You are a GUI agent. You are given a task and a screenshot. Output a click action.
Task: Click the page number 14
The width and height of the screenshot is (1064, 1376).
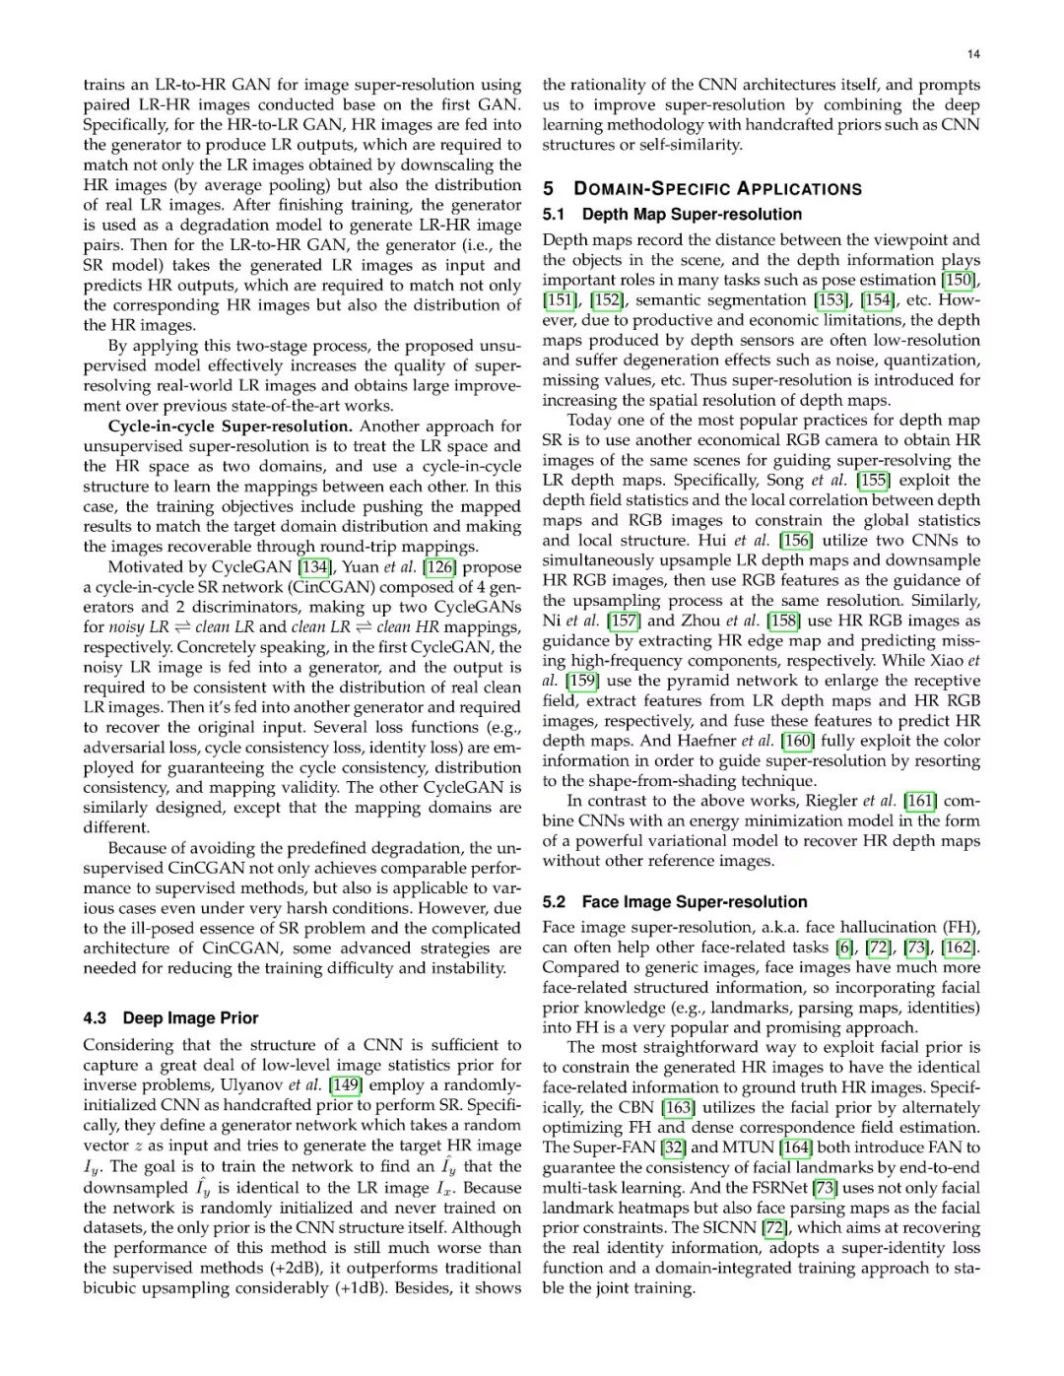tap(973, 54)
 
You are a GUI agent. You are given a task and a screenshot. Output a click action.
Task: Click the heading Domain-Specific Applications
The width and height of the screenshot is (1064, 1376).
tap(717, 189)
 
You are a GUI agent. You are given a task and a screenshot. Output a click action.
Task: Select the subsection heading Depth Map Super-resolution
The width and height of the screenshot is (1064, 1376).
tap(692, 214)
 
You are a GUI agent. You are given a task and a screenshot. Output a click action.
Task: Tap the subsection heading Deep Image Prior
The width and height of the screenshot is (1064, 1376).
tap(190, 1018)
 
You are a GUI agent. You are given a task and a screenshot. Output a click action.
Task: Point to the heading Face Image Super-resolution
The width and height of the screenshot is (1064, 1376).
tap(694, 901)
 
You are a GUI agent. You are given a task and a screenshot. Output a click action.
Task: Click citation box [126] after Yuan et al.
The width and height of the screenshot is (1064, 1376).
tap(439, 567)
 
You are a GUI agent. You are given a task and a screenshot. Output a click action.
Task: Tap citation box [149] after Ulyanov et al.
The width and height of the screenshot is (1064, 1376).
tap(346, 1085)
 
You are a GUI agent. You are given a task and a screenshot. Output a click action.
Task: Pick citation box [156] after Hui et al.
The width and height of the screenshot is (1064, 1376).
tap(796, 541)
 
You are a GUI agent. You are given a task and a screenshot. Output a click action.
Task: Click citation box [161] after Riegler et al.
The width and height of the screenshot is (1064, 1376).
tap(920, 801)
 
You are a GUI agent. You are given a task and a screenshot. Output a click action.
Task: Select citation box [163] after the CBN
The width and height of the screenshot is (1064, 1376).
tap(678, 1107)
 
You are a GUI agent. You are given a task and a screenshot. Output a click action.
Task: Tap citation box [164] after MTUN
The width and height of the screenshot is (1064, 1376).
tap(796, 1147)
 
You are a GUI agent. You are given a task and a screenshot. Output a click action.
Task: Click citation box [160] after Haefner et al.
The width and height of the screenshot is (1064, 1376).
tap(797, 741)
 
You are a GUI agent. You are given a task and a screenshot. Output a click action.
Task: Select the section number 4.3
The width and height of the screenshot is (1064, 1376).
tap(96, 1018)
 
